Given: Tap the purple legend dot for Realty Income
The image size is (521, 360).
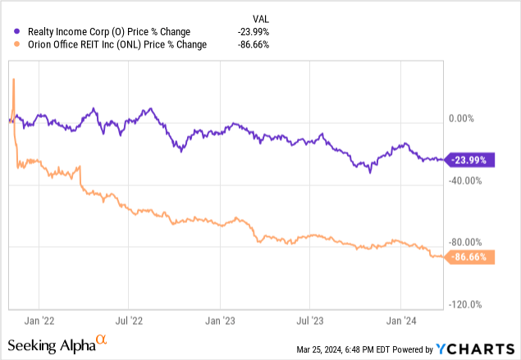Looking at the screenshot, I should [8, 32].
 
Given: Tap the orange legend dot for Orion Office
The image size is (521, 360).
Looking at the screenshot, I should [8, 44].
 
